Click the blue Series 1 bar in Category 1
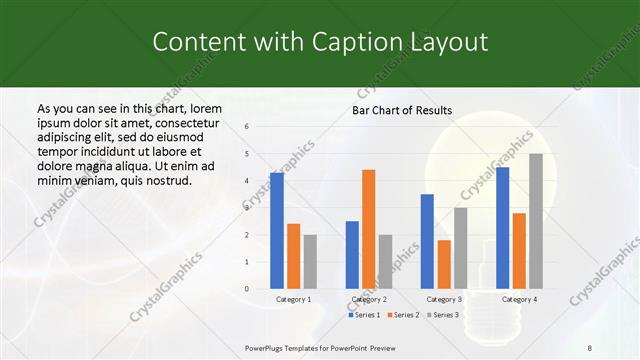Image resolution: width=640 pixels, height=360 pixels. click(x=276, y=231)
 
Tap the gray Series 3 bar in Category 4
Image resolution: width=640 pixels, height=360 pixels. click(x=536, y=221)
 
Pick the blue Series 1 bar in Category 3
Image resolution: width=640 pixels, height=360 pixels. click(x=427, y=241)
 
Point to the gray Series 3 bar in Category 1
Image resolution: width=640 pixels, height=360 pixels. click(x=310, y=261)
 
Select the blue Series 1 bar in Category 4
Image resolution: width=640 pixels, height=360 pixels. click(x=502, y=228)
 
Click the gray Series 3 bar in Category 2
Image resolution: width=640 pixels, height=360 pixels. click(x=385, y=261)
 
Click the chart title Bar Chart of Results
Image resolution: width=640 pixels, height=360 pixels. click(x=402, y=110)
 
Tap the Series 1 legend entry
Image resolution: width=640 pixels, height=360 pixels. click(x=365, y=315)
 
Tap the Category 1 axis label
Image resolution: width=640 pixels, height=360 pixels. click(x=293, y=299)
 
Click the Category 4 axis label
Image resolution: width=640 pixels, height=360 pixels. click(x=519, y=299)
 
